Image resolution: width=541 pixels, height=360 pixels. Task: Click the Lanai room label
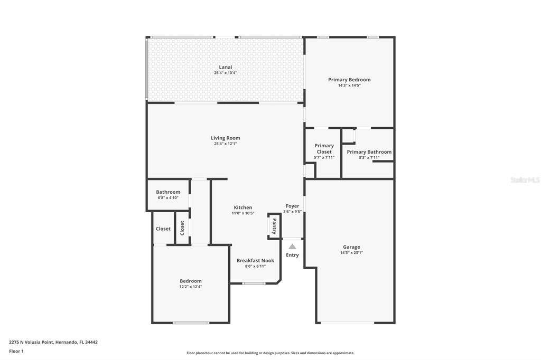tap(226, 67)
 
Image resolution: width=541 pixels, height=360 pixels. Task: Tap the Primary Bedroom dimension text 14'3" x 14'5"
tap(350, 86)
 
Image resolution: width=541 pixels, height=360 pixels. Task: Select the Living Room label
tap(226, 138)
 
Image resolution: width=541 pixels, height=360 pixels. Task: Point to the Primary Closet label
tap(324, 149)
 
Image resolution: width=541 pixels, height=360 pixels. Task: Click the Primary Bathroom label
tap(369, 151)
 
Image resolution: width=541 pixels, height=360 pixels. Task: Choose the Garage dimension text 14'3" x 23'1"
tap(351, 253)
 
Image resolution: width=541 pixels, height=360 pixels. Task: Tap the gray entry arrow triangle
tap(292, 246)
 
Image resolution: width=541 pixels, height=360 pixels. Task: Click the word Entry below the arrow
tap(292, 255)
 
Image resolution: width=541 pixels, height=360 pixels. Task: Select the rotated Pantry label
tap(274, 226)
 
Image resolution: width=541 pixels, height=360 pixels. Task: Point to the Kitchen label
tap(243, 207)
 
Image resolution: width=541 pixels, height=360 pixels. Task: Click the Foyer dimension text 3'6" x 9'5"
tap(292, 212)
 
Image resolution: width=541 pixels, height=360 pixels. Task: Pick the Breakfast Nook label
tap(255, 260)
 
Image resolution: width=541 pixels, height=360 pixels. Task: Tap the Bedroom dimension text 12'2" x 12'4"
tap(191, 287)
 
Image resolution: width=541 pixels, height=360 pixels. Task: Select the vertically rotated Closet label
tap(182, 228)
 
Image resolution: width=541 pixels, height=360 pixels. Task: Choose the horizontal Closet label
tap(163, 229)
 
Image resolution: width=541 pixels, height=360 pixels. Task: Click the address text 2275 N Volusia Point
tap(31, 342)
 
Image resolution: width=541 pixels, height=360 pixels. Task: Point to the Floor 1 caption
tap(16, 351)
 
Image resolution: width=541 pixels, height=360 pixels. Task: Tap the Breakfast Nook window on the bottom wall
tap(254, 283)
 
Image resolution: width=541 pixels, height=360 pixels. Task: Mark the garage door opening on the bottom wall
tap(347, 323)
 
